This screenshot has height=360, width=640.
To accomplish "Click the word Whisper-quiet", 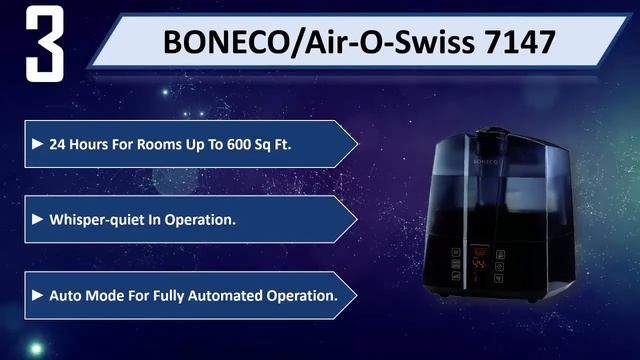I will click(96, 219).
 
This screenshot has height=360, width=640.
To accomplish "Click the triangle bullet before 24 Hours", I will click(38, 144).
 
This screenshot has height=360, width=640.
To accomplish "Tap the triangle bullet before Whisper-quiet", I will click(38, 219).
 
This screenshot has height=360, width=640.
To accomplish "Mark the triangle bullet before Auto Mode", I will click(38, 296).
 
